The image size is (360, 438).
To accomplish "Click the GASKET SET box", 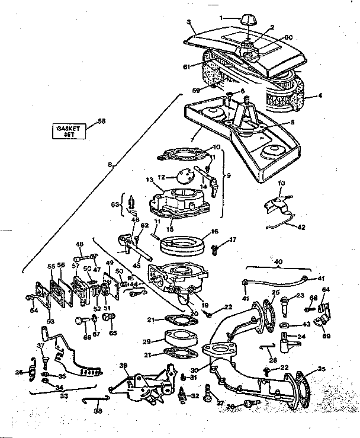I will (69, 130).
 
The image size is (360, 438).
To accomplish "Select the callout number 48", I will (79, 244).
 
